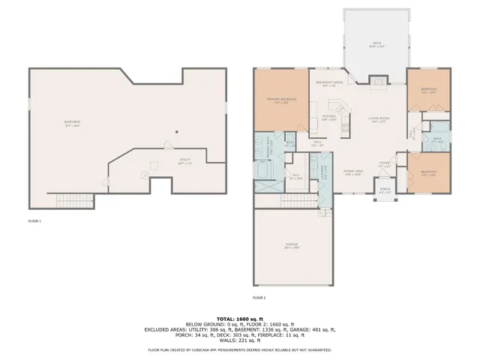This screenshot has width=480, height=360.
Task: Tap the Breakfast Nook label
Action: click(x=329, y=83)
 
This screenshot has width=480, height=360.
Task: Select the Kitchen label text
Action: click(x=329, y=117)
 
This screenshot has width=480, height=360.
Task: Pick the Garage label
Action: click(x=291, y=246)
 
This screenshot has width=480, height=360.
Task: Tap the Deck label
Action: click(x=376, y=43)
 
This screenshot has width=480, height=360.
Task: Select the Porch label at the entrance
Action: click(x=385, y=190)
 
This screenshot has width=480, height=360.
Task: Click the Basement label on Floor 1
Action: click(x=72, y=123)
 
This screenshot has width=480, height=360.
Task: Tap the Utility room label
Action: click(x=184, y=160)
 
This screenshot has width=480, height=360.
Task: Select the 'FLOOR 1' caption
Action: click(x=34, y=221)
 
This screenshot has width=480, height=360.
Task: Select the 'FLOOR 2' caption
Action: click(x=259, y=298)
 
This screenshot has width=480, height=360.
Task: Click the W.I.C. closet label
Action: click(x=295, y=177)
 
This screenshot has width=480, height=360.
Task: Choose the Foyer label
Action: click(x=384, y=163)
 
